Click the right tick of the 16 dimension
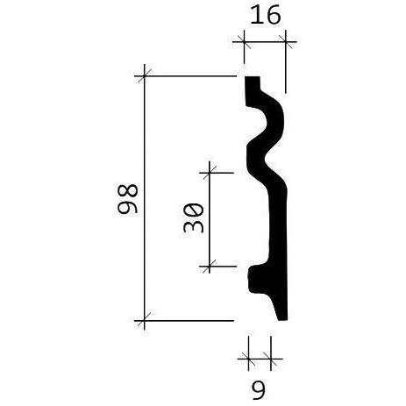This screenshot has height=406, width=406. click(286, 41)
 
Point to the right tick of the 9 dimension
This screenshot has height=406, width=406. click(269, 358)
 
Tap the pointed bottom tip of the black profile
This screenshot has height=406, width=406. click(283, 318)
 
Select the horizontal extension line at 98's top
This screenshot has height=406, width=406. click(189, 76)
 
